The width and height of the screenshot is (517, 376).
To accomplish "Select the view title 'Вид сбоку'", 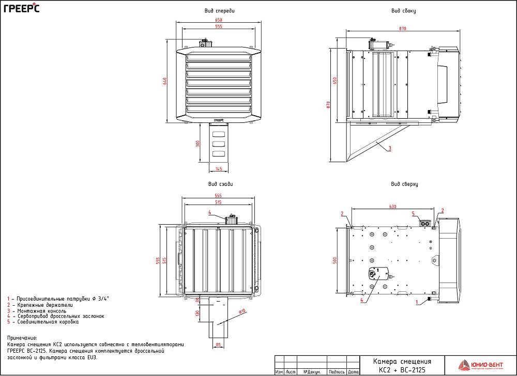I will [x=404, y=10].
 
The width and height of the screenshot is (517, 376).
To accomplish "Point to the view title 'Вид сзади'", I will [x=221, y=184].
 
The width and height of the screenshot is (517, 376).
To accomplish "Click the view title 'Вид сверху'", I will [x=404, y=184].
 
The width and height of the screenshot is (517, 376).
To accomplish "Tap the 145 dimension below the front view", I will [x=219, y=169].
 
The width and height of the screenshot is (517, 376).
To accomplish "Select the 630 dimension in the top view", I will [x=393, y=207].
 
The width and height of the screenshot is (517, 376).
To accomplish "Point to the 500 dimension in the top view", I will [x=334, y=260].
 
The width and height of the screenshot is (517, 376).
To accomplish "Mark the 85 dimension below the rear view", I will [x=218, y=344].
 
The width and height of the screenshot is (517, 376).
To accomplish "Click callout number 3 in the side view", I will [x=389, y=148].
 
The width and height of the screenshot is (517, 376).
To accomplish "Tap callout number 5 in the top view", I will [x=413, y=213].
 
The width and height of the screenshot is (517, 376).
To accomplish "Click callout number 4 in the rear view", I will [x=209, y=212].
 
